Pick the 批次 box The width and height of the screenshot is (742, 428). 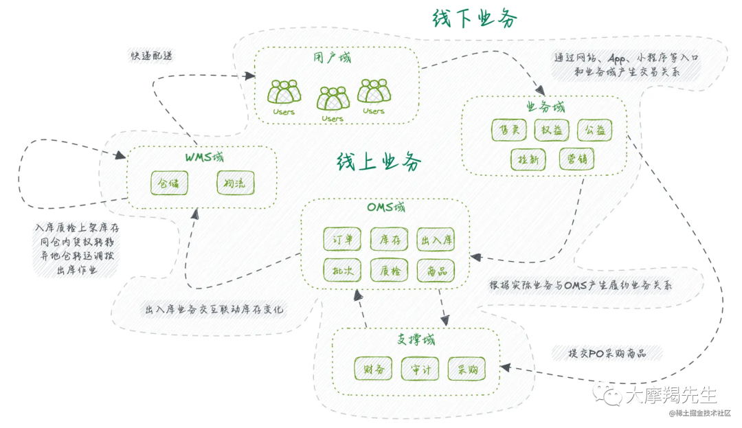[342, 270]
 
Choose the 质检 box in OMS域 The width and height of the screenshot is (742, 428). [390, 270]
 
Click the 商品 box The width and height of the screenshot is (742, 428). [437, 270]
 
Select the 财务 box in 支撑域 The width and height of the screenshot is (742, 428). [373, 369]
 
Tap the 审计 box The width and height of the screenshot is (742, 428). [420, 369]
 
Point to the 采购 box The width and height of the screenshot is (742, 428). [466, 369]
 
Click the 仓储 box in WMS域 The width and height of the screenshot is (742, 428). [169, 183]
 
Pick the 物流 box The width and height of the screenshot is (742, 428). [236, 183]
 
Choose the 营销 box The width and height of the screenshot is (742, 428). [576, 159]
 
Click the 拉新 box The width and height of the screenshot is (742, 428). [528, 159]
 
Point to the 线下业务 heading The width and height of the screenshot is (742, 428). [475, 19]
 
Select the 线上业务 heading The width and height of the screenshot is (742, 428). [379, 162]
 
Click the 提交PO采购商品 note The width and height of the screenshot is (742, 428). [607, 353]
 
